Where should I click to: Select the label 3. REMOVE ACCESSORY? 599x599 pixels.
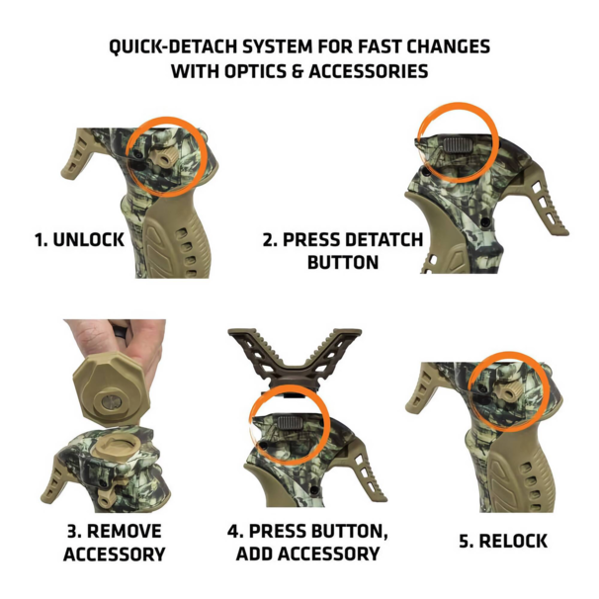click(x=113, y=543)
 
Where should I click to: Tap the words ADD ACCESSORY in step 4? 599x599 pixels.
click(x=306, y=554)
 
